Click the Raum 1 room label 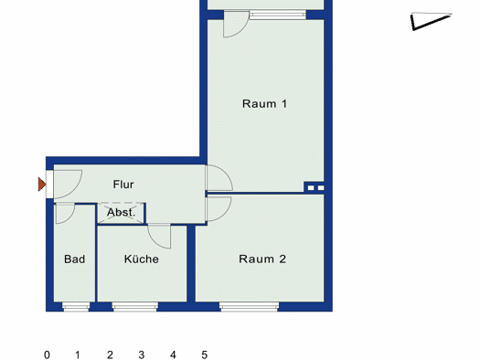pos(265,103)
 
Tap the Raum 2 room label pos(262,259)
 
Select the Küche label pos(142,259)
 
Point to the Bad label pos(75,259)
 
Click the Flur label pos(123,185)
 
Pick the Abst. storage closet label pos(122,212)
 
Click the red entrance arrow pos(42,185)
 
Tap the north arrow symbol pos(431,21)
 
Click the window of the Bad pos(76,307)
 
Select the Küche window pos(135,307)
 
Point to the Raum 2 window pos(250,307)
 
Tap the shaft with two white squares pos(315,188)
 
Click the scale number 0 pos(47,355)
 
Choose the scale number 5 pos(205,355)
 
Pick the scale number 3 pos(141,355)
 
